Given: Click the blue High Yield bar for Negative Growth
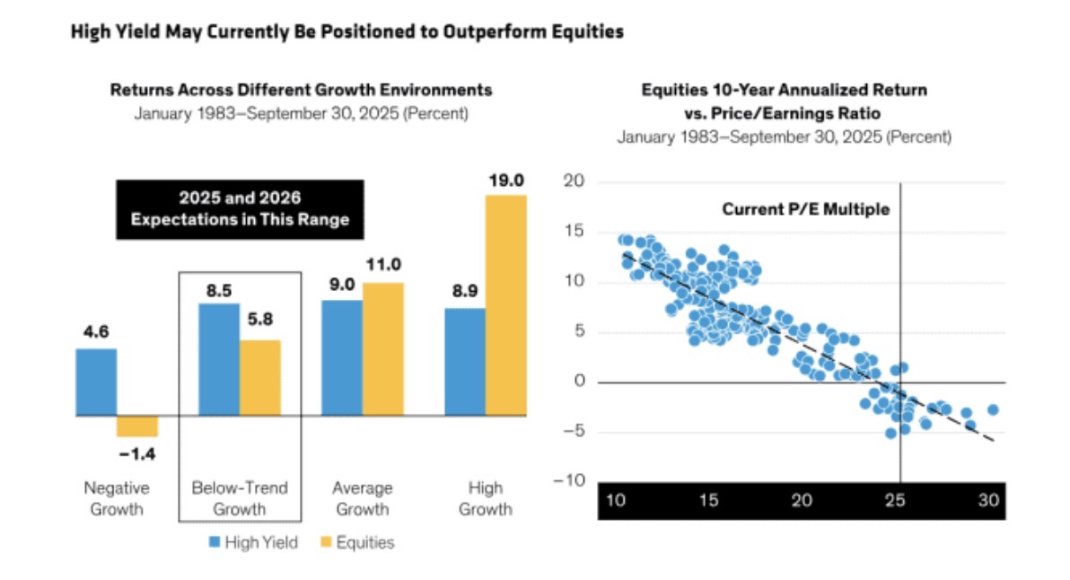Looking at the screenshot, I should (96, 382).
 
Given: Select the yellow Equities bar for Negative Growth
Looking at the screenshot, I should (137, 426).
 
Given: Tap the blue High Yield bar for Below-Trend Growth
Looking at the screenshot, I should (218, 359).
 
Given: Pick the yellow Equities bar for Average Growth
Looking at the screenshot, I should (382, 349).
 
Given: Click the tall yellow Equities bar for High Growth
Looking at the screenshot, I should (506, 305).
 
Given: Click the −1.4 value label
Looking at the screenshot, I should (137, 454).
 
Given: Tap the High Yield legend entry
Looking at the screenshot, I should (254, 541).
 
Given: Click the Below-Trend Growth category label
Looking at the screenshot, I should (240, 499).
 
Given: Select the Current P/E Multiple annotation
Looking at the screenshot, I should (805, 209).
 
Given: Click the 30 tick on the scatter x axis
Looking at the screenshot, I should (990, 499).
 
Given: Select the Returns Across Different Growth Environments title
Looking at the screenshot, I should (301, 90).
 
